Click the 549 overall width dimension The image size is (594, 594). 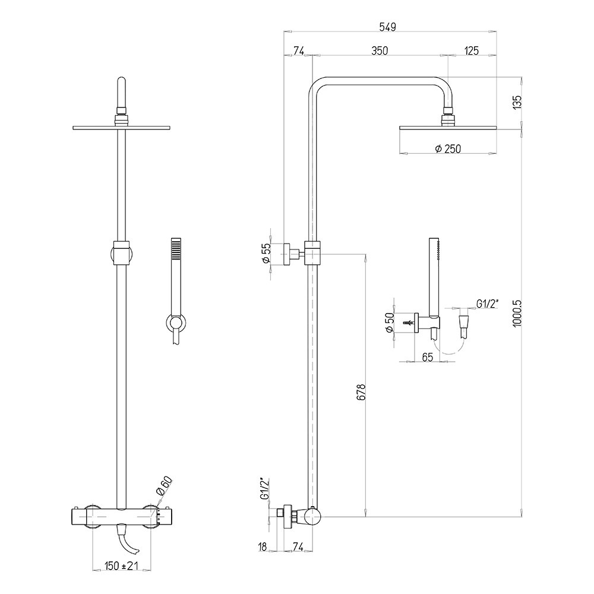point(387,27)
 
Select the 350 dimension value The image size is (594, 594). point(380,50)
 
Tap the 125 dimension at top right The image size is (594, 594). point(471,50)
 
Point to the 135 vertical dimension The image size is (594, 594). point(517,102)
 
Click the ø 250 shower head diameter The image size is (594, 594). point(448,149)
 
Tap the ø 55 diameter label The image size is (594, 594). point(266,254)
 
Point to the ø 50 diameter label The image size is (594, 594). point(389,322)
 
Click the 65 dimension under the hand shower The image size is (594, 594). point(427,357)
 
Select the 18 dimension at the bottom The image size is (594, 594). point(262,546)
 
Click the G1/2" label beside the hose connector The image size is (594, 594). point(488,304)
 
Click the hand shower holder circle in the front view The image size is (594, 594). point(176,323)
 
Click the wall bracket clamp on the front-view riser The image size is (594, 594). point(121,252)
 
